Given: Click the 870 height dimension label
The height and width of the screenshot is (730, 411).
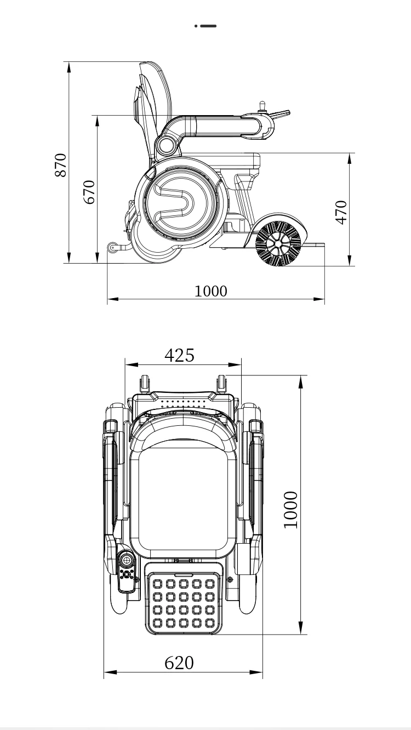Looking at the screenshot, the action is (60, 165).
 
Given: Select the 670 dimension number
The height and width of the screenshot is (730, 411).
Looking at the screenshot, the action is (89, 192).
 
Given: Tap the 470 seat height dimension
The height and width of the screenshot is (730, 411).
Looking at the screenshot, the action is (341, 213).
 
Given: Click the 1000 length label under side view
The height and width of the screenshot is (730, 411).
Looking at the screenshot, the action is (210, 291).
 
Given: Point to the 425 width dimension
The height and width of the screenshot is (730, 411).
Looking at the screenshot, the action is (179, 355).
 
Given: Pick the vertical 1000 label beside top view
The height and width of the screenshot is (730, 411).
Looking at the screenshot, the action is (290, 510).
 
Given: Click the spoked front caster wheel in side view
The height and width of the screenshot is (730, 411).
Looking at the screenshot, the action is (278, 243).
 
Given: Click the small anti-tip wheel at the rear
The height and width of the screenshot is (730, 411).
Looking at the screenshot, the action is (112, 247).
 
